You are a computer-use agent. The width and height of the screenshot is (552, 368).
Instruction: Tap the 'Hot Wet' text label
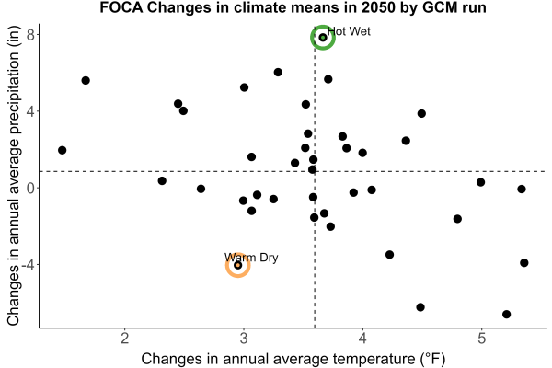(349, 31)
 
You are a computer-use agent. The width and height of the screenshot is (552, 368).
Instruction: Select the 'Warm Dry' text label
(251, 258)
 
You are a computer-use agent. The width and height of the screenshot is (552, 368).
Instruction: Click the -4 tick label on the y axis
(28, 265)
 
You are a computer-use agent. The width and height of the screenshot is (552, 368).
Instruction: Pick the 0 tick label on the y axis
(31, 188)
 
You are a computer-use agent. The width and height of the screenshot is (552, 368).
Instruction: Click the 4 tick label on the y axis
(31, 111)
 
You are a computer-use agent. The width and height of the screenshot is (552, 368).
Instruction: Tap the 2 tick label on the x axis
(124, 339)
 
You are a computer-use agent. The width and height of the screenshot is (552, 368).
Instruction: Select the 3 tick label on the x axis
(244, 339)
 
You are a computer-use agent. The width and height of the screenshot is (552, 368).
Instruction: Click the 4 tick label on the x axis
(362, 339)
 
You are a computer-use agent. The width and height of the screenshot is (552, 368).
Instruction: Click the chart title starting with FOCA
(293, 7)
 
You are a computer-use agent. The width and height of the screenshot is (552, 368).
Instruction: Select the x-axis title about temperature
(293, 359)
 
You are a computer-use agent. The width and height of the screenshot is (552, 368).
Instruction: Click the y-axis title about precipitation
(13, 176)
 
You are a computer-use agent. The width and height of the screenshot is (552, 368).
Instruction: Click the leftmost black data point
(63, 150)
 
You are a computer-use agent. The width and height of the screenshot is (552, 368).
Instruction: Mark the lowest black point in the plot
(507, 314)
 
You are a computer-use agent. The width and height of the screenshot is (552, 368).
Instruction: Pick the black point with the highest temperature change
(524, 263)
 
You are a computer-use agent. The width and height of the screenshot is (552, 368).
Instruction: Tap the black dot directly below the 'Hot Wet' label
(328, 79)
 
